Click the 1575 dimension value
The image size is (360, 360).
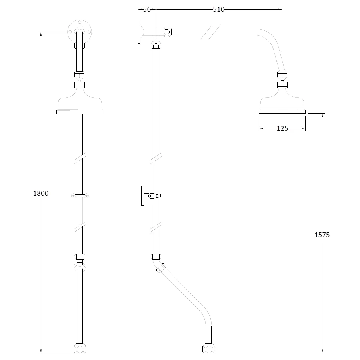coord(322,235)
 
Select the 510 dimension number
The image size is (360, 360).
coord(218,9)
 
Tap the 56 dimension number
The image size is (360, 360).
coord(147,9)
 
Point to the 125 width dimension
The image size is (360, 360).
coord(282,128)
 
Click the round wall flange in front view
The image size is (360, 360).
coord(80,30)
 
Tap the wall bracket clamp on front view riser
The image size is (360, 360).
coord(80,196)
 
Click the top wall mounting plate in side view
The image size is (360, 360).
coord(138,32)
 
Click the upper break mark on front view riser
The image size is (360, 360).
coord(80,158)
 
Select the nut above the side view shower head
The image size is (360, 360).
coord(282,75)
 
